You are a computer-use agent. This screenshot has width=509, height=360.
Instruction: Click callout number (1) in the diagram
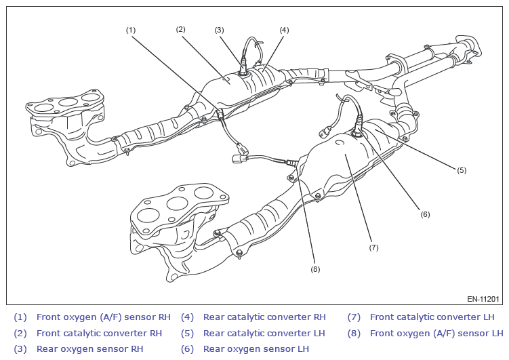point(131,30)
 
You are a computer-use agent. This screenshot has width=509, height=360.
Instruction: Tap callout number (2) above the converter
point(180,29)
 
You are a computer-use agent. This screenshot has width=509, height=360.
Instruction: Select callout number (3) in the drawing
point(219,30)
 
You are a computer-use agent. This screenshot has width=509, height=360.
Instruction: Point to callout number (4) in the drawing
point(284,30)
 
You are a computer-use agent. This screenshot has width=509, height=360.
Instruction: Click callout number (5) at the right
point(462,170)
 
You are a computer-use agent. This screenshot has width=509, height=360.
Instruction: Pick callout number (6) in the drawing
point(425,214)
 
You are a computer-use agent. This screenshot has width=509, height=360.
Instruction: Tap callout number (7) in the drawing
point(373,247)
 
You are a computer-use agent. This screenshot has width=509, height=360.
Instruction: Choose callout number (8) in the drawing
point(315,269)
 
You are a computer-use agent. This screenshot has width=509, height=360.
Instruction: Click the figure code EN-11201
point(483,299)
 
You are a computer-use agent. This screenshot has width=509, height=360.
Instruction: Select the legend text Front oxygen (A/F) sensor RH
point(103,317)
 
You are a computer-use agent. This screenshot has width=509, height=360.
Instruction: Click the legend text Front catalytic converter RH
point(99,333)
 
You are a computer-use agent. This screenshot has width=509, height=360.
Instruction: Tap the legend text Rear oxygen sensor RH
point(89,349)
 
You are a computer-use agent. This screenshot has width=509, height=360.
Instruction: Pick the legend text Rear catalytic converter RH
point(264,317)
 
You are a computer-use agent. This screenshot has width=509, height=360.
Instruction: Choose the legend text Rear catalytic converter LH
point(264,333)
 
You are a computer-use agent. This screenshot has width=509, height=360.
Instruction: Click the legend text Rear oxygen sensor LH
point(256,349)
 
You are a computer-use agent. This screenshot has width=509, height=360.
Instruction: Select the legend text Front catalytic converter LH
point(432,317)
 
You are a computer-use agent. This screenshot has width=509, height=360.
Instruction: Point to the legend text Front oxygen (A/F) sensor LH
point(436,333)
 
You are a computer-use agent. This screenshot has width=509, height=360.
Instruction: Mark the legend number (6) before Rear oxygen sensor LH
point(187,349)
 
